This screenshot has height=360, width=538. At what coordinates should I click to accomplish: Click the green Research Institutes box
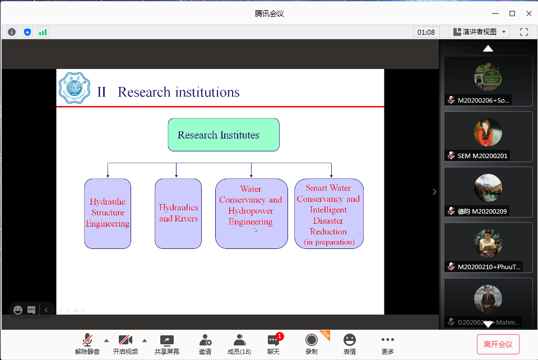pyautogui.click(x=224, y=135)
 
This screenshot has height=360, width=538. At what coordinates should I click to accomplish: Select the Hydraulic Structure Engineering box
pyautogui.click(x=108, y=213)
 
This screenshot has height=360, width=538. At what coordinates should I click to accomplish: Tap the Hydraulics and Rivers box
pyautogui.click(x=178, y=213)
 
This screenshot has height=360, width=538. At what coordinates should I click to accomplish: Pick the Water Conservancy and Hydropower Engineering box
pyautogui.click(x=251, y=213)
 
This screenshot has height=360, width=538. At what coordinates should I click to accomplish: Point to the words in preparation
pyautogui.click(x=329, y=242)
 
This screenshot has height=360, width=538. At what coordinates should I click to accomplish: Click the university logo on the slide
pyautogui.click(x=75, y=88)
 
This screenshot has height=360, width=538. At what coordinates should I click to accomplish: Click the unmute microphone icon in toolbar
pyautogui.click(x=87, y=340)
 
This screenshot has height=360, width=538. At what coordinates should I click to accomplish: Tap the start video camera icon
pyautogui.click(x=126, y=340)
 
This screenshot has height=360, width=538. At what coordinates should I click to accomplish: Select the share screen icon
pyautogui.click(x=167, y=340)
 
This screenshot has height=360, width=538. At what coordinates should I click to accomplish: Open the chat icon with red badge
pyautogui.click(x=273, y=340)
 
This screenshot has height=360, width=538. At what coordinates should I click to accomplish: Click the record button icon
pyautogui.click(x=311, y=340)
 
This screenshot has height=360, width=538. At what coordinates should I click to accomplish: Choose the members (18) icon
pyautogui.click(x=239, y=340)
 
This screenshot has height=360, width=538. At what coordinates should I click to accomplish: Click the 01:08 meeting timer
pyautogui.click(x=426, y=32)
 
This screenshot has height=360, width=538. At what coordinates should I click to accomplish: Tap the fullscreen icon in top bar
pyautogui.click(x=524, y=32)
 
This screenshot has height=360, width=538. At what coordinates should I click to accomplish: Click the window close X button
pyautogui.click(x=528, y=13)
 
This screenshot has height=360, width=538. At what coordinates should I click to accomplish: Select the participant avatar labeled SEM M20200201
pyautogui.click(x=488, y=132)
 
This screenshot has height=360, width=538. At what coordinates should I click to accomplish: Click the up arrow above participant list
pyautogui.click(x=488, y=49)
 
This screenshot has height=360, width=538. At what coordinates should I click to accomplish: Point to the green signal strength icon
pyautogui.click(x=43, y=32)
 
